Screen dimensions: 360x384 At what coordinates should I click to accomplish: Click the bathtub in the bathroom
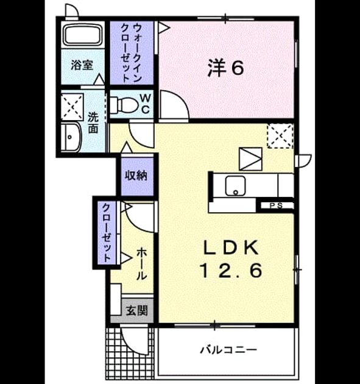pos(83,35)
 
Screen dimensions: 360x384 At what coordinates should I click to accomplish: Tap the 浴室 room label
pos(82,65)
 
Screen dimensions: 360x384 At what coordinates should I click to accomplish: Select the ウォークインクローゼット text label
pos(132,52)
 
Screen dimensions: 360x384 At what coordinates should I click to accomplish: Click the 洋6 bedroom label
pos(225,68)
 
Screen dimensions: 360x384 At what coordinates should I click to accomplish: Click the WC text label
pos(146,104)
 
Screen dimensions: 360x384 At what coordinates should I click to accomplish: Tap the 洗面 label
pos(93,123)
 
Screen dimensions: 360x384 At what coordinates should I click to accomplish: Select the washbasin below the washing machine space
pos(71,137)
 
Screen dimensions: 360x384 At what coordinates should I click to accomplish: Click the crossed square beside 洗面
pos(72,107)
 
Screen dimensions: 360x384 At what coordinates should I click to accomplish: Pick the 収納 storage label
pos(136,176)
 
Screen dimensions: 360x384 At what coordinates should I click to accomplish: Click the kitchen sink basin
pos(236,186)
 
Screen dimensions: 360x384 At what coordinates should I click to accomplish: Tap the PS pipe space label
pos(276,205)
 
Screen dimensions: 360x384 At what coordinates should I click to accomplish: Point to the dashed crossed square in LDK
pos(280,136)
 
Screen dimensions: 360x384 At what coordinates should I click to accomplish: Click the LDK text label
pos(231,247)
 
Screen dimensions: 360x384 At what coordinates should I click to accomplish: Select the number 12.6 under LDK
pos(231,271)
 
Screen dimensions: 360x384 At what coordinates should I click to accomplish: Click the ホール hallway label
pos(141,264)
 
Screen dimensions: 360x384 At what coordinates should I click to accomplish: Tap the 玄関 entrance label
pos(137,310)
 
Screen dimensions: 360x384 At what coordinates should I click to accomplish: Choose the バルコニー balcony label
pos(229,349)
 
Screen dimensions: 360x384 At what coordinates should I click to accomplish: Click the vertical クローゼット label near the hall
pos(107,233)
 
